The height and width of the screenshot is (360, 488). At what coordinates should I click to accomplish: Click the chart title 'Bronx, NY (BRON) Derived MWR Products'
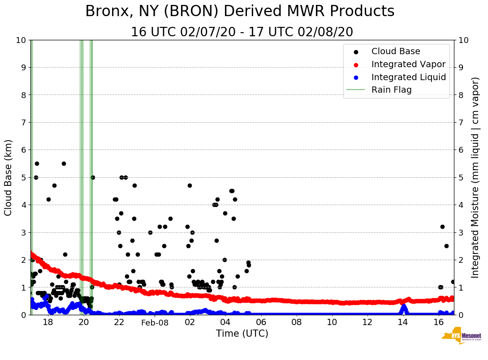240,11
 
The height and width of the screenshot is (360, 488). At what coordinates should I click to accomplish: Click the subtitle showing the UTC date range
242,32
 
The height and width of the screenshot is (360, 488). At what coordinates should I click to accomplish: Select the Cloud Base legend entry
396,51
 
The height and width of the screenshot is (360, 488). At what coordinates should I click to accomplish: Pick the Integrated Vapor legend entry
408,64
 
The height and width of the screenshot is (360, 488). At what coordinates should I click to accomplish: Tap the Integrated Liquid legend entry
408,77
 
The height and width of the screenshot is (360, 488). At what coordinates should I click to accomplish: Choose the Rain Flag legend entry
391,90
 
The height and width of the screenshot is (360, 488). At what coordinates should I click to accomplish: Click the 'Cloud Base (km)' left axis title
9,177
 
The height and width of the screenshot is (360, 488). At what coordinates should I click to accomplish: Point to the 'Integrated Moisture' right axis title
475,177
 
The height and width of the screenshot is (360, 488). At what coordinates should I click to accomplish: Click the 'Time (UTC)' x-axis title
242,334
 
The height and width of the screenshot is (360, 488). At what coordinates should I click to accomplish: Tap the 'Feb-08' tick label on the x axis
155,322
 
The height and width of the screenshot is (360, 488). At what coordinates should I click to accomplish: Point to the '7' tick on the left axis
24,122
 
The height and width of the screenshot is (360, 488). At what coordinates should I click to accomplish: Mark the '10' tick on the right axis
462,40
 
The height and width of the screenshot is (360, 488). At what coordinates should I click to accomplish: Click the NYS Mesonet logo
462,337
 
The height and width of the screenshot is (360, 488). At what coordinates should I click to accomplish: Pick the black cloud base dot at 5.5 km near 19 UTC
64,163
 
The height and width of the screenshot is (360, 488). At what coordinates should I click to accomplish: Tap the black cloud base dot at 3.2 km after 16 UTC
442,227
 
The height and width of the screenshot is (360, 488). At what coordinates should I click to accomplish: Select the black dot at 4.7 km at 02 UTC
190,185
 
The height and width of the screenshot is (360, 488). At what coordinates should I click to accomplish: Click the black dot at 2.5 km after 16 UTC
446,246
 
